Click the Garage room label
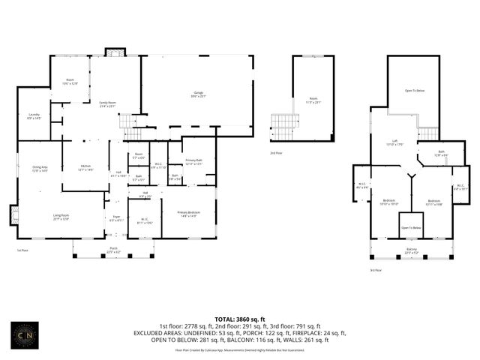tap(197, 94)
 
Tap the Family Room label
tap(107, 104)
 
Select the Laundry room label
tap(34, 116)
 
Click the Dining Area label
tap(40, 169)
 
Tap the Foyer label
tap(115, 219)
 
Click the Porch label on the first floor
tap(114, 250)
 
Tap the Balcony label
tap(412, 251)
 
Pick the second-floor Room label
tap(313, 100)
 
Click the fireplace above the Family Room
tap(114, 52)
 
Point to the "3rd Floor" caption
tap(376, 270)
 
